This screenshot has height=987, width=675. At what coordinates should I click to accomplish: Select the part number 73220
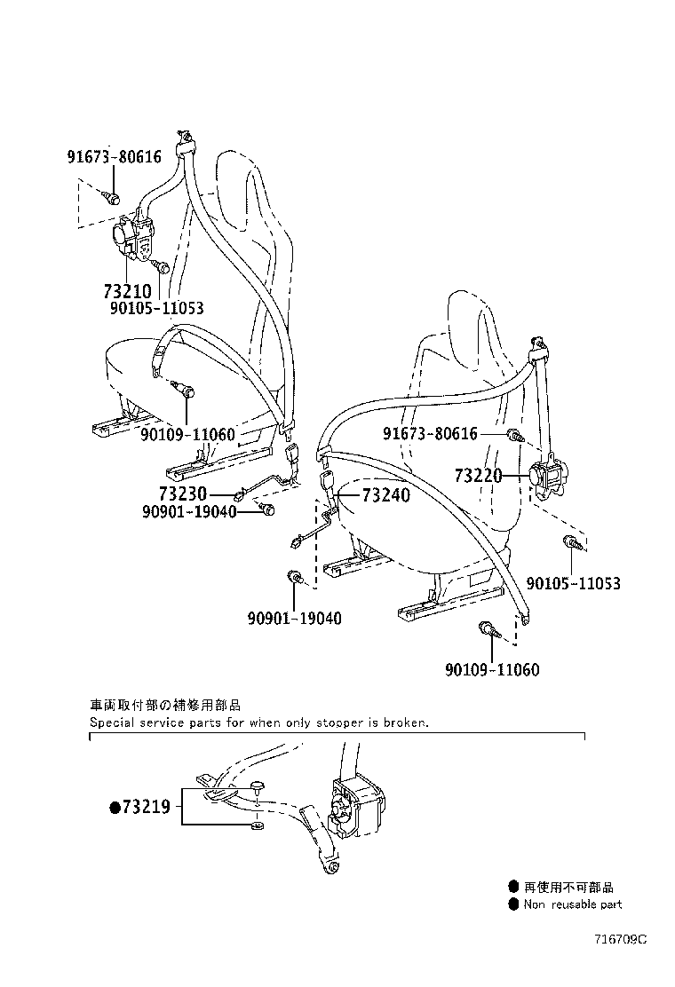[x=479, y=477]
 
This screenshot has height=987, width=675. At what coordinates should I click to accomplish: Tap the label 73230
[x=183, y=494]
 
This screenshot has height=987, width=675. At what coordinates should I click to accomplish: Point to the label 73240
[x=386, y=495]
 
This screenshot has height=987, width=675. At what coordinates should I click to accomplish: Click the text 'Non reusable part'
[x=573, y=904]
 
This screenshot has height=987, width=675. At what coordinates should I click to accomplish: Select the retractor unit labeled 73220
[x=549, y=477]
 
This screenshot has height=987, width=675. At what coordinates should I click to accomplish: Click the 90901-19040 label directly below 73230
[x=188, y=511]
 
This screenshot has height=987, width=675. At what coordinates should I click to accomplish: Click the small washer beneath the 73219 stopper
[x=256, y=828]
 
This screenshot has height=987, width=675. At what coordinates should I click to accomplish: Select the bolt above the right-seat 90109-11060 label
[x=488, y=630]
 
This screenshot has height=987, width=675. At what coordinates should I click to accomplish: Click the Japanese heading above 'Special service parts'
[x=164, y=706]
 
